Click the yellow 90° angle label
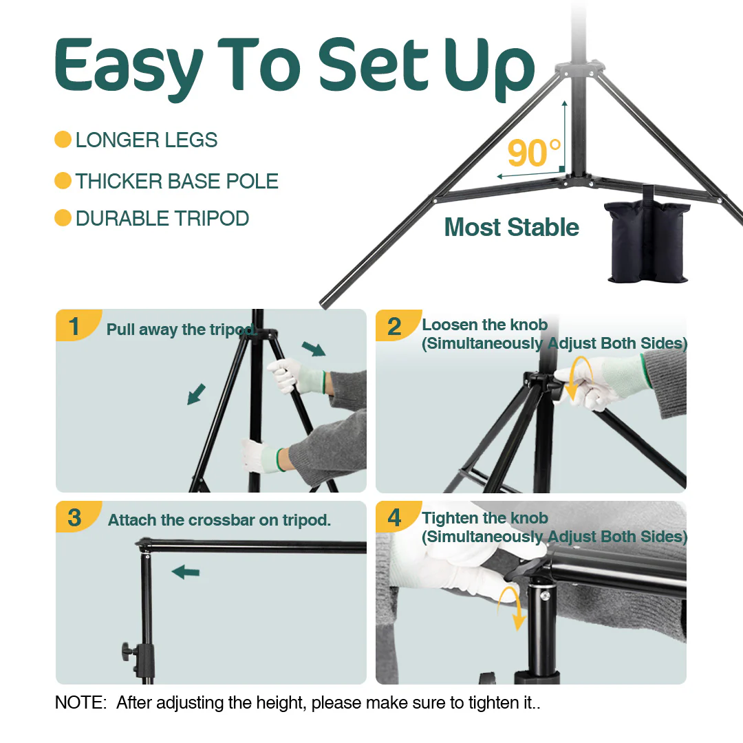534,153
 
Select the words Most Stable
512,228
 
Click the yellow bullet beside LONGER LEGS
63,140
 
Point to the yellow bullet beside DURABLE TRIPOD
63,218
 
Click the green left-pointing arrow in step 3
186,572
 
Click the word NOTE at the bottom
81,702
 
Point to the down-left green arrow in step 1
196,394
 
